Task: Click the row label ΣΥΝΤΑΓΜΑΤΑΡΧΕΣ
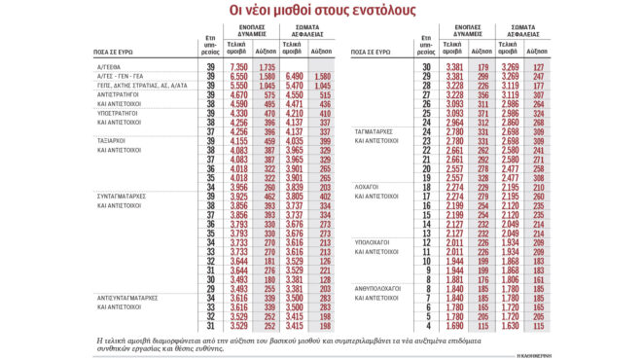click(x=123, y=197)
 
